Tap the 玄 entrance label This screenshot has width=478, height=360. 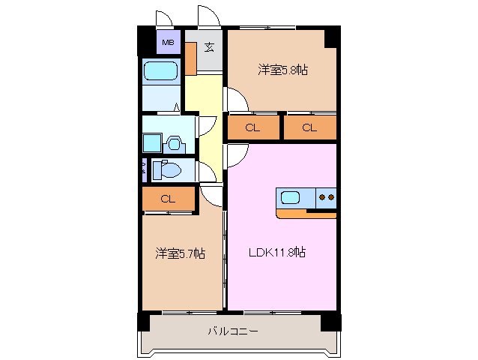tap(209, 47)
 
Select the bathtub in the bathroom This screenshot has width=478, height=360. tap(160, 73)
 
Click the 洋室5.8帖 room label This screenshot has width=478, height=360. tap(284, 70)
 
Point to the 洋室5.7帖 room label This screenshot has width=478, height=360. tap(181, 253)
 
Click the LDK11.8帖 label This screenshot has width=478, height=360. tap(277, 252)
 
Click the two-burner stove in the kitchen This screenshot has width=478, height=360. tap(327, 199)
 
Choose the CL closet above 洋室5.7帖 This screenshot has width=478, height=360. tap(168, 199)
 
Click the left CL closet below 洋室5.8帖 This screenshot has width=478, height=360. tap(252, 127)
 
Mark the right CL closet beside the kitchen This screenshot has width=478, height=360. tap(309, 127)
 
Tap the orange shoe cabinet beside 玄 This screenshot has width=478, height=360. tap(191, 58)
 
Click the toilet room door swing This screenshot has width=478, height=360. tap(205, 172)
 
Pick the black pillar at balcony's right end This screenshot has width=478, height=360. tap(330, 322)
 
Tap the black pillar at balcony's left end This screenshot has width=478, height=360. tap(143, 321)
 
